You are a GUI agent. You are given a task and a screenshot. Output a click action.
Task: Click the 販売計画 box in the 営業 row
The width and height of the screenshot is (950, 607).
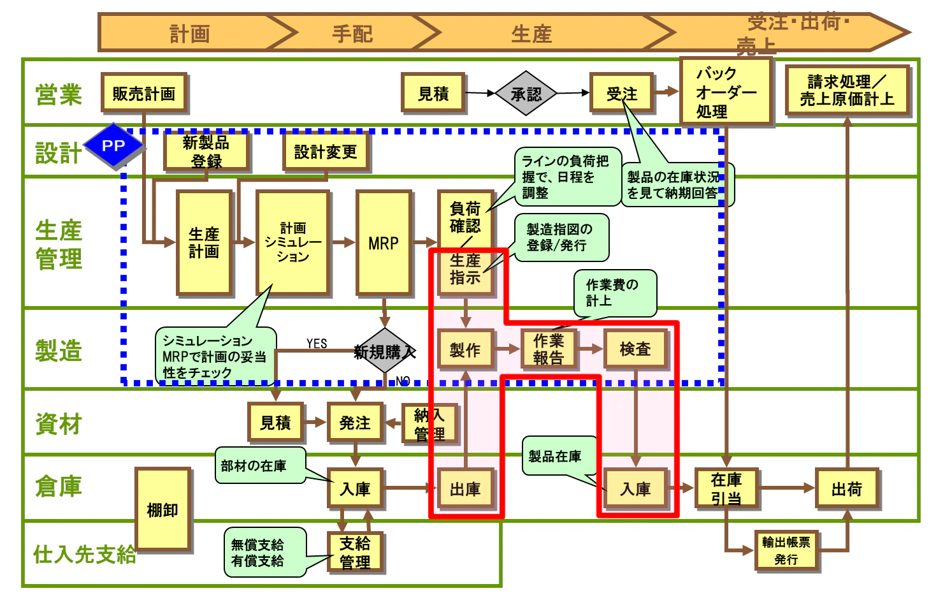(144, 93)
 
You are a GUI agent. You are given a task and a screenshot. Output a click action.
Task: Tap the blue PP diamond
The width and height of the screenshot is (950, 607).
(113, 146)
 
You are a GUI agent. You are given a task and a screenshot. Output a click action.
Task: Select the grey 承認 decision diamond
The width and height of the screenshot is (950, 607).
(526, 94)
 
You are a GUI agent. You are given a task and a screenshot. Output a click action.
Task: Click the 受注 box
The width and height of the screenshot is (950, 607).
(621, 94)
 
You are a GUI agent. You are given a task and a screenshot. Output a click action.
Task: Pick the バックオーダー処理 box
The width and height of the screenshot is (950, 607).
(725, 92)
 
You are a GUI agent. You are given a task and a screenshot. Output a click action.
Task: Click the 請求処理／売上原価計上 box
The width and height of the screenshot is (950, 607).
(847, 91)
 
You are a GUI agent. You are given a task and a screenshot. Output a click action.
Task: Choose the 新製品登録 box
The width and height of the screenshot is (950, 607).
(206, 151)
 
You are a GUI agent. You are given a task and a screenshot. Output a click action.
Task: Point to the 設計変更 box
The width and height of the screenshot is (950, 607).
(325, 152)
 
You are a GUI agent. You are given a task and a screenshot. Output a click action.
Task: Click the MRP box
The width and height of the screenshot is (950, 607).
(384, 243)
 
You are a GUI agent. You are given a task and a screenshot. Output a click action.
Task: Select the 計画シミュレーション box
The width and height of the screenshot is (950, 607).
(292, 243)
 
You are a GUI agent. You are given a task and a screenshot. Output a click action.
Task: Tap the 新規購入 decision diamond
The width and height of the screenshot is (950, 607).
(384, 351)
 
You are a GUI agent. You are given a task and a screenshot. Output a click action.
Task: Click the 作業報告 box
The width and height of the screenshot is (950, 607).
(549, 349)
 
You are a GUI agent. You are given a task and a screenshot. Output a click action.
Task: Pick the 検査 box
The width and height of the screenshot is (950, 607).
(635, 349)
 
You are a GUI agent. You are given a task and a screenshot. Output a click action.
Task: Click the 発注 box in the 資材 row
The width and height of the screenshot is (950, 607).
(355, 422)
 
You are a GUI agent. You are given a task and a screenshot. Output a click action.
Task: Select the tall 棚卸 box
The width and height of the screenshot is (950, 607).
(162, 509)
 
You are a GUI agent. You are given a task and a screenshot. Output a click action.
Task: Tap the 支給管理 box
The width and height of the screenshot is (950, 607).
(355, 552)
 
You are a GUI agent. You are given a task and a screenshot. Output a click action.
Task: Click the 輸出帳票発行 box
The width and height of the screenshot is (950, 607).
(786, 550)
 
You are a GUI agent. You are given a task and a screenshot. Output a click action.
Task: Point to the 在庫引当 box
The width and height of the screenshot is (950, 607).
(726, 488)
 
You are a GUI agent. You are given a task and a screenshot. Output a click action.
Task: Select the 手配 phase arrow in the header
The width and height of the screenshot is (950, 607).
(352, 33)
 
